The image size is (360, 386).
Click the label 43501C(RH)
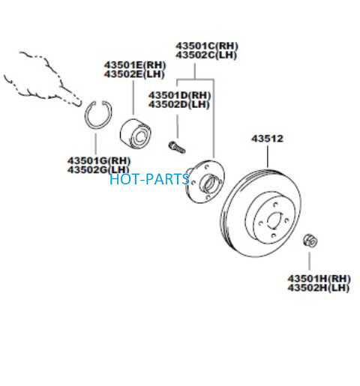(x=207, y=46)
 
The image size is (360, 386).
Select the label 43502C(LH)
(x=206, y=55)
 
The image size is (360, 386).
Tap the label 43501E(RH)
(x=135, y=65)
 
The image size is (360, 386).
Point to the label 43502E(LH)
(x=134, y=74)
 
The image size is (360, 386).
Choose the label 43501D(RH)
(x=179, y=95)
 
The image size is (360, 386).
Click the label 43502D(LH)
(x=178, y=104)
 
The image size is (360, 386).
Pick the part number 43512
(x=267, y=139)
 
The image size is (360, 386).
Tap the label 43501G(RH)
(x=99, y=160)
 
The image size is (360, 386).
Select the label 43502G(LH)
(x=98, y=169)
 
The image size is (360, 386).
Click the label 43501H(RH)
(x=319, y=279)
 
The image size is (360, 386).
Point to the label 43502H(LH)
(x=318, y=288)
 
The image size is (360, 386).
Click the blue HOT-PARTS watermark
(x=149, y=179)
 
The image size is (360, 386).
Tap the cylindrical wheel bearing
(x=136, y=134)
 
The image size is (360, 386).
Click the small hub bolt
(x=177, y=147)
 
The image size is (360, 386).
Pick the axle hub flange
(x=205, y=181)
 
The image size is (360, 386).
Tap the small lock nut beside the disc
(x=310, y=241)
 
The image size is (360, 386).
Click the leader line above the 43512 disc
(x=268, y=157)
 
